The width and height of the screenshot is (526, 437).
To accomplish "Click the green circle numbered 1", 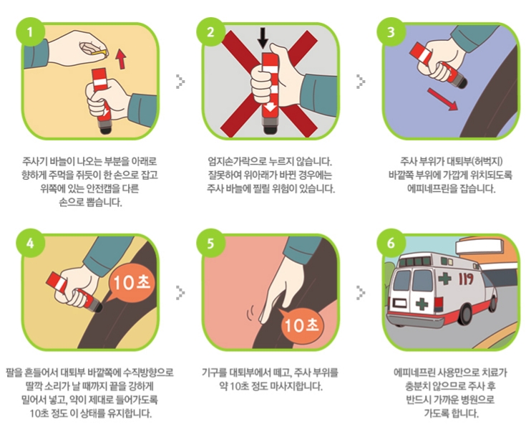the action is coord(30,32).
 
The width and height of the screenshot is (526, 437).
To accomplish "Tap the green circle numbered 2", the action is coord(210,32).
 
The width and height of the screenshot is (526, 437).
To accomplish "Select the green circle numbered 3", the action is coord(391,32).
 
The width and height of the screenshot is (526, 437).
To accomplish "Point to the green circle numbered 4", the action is coord(30,243).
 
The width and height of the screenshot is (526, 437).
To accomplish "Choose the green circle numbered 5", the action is coord(210,243).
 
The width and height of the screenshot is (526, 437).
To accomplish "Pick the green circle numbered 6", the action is coord(391,243).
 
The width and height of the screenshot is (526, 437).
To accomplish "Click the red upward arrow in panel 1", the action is coord(121,58).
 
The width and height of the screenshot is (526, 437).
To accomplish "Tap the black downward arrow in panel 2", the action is coord(263,38).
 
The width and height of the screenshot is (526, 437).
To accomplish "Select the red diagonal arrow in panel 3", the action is coord(442,98).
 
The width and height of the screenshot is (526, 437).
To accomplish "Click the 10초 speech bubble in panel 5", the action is coord(301,325).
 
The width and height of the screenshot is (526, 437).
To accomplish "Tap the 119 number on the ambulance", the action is coord(466,279).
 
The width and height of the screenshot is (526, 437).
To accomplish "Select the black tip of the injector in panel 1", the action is coord(105,129).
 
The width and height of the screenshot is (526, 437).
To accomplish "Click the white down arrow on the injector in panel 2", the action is coord(270,107).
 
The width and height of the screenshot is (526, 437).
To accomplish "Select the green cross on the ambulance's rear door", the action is coord(422,304).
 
